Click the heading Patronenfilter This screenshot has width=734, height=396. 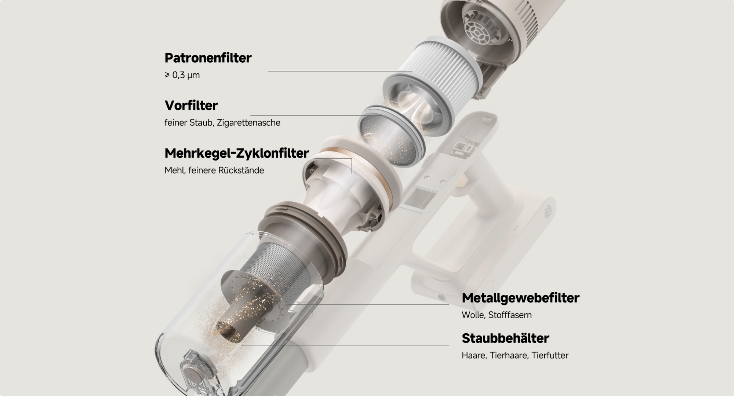208,58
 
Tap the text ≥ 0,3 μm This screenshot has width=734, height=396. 182,75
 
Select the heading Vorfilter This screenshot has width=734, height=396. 191,106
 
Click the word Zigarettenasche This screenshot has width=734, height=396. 248,123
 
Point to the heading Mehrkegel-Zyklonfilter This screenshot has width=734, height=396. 237,153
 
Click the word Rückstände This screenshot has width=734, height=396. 241,170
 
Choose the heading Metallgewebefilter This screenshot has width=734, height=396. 520,298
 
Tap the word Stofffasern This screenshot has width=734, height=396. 510,315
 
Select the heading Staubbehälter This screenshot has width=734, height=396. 505,338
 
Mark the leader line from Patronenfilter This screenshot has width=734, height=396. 340,71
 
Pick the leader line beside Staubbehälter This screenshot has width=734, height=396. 345,345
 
